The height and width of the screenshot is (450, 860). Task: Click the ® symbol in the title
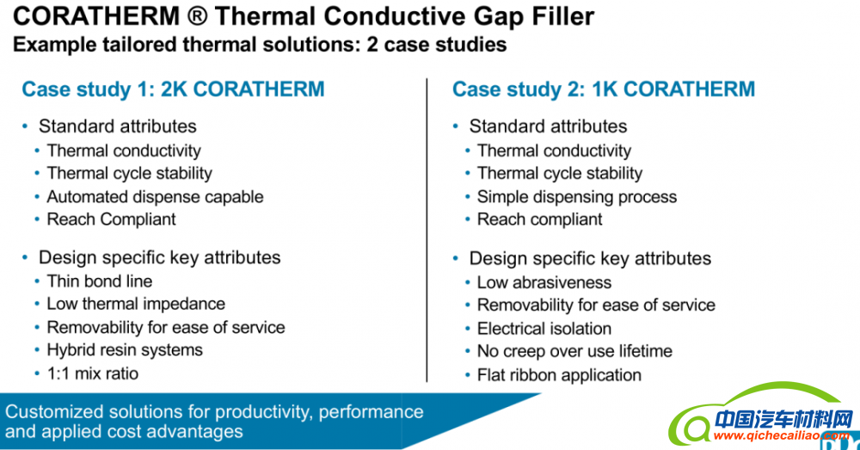(197, 16)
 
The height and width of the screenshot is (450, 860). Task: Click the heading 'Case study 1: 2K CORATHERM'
(174, 89)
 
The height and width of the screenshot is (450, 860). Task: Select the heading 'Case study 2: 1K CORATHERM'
(604, 89)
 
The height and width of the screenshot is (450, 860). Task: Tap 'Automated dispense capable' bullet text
(155, 196)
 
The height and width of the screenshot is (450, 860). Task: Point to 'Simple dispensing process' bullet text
(577, 197)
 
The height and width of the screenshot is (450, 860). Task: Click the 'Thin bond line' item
(100, 281)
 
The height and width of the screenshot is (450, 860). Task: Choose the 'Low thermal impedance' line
(136, 304)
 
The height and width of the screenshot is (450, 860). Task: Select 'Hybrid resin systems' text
(125, 350)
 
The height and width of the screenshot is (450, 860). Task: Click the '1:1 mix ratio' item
(93, 373)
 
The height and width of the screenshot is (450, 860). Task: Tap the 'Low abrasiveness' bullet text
(544, 282)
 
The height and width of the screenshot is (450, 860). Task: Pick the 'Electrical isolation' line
(544, 328)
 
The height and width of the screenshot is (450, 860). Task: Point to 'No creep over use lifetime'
(574, 351)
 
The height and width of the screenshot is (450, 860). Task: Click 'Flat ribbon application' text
(560, 375)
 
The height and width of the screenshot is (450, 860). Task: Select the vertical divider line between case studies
(427, 230)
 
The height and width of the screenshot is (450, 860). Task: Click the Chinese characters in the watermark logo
(784, 420)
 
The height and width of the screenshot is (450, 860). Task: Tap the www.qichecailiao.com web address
(782, 436)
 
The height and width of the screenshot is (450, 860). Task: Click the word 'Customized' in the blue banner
(53, 412)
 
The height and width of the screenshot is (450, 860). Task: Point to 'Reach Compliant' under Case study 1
(111, 219)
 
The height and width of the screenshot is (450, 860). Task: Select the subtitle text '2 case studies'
(437, 45)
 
